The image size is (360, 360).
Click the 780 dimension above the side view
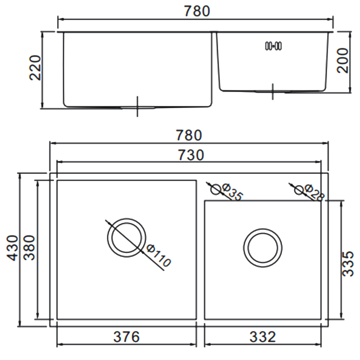tap(197, 11)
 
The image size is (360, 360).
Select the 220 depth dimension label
tap(35, 68)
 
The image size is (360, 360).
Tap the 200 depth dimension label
tap(343, 61)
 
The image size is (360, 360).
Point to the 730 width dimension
tap(191, 155)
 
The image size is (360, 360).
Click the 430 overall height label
tap(12, 248)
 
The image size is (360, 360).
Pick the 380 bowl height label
tap(29, 247)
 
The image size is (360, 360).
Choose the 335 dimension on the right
tap(348, 263)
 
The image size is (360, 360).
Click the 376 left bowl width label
tap(127, 337)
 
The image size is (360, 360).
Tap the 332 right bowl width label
tap(263, 337)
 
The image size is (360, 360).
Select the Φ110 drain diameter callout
tap(159, 256)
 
